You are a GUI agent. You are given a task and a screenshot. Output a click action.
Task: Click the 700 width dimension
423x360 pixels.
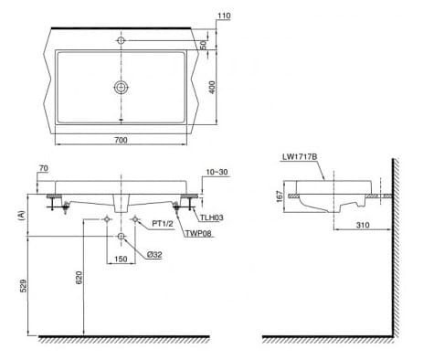(121, 141)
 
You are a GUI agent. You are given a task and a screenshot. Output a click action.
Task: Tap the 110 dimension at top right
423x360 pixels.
(224, 16)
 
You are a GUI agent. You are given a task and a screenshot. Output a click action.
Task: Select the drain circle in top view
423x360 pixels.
(121, 87)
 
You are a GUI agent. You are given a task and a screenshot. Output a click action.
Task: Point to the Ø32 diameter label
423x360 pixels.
(153, 255)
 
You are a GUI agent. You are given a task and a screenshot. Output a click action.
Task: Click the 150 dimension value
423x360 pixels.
(121, 259)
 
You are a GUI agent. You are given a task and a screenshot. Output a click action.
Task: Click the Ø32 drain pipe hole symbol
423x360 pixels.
(121, 237)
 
